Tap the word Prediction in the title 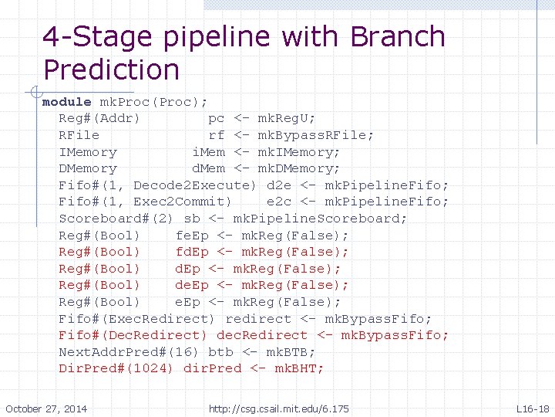[111, 70]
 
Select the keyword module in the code [67, 102]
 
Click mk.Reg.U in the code [286, 119]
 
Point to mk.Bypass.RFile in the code [316, 135]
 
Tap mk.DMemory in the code [298, 168]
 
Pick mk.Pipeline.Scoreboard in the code [320, 219]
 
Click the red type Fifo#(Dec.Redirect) [133, 335]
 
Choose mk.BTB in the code [287, 351]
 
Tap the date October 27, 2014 [46, 409]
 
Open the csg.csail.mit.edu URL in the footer [278, 409]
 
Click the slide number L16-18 [533, 409]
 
